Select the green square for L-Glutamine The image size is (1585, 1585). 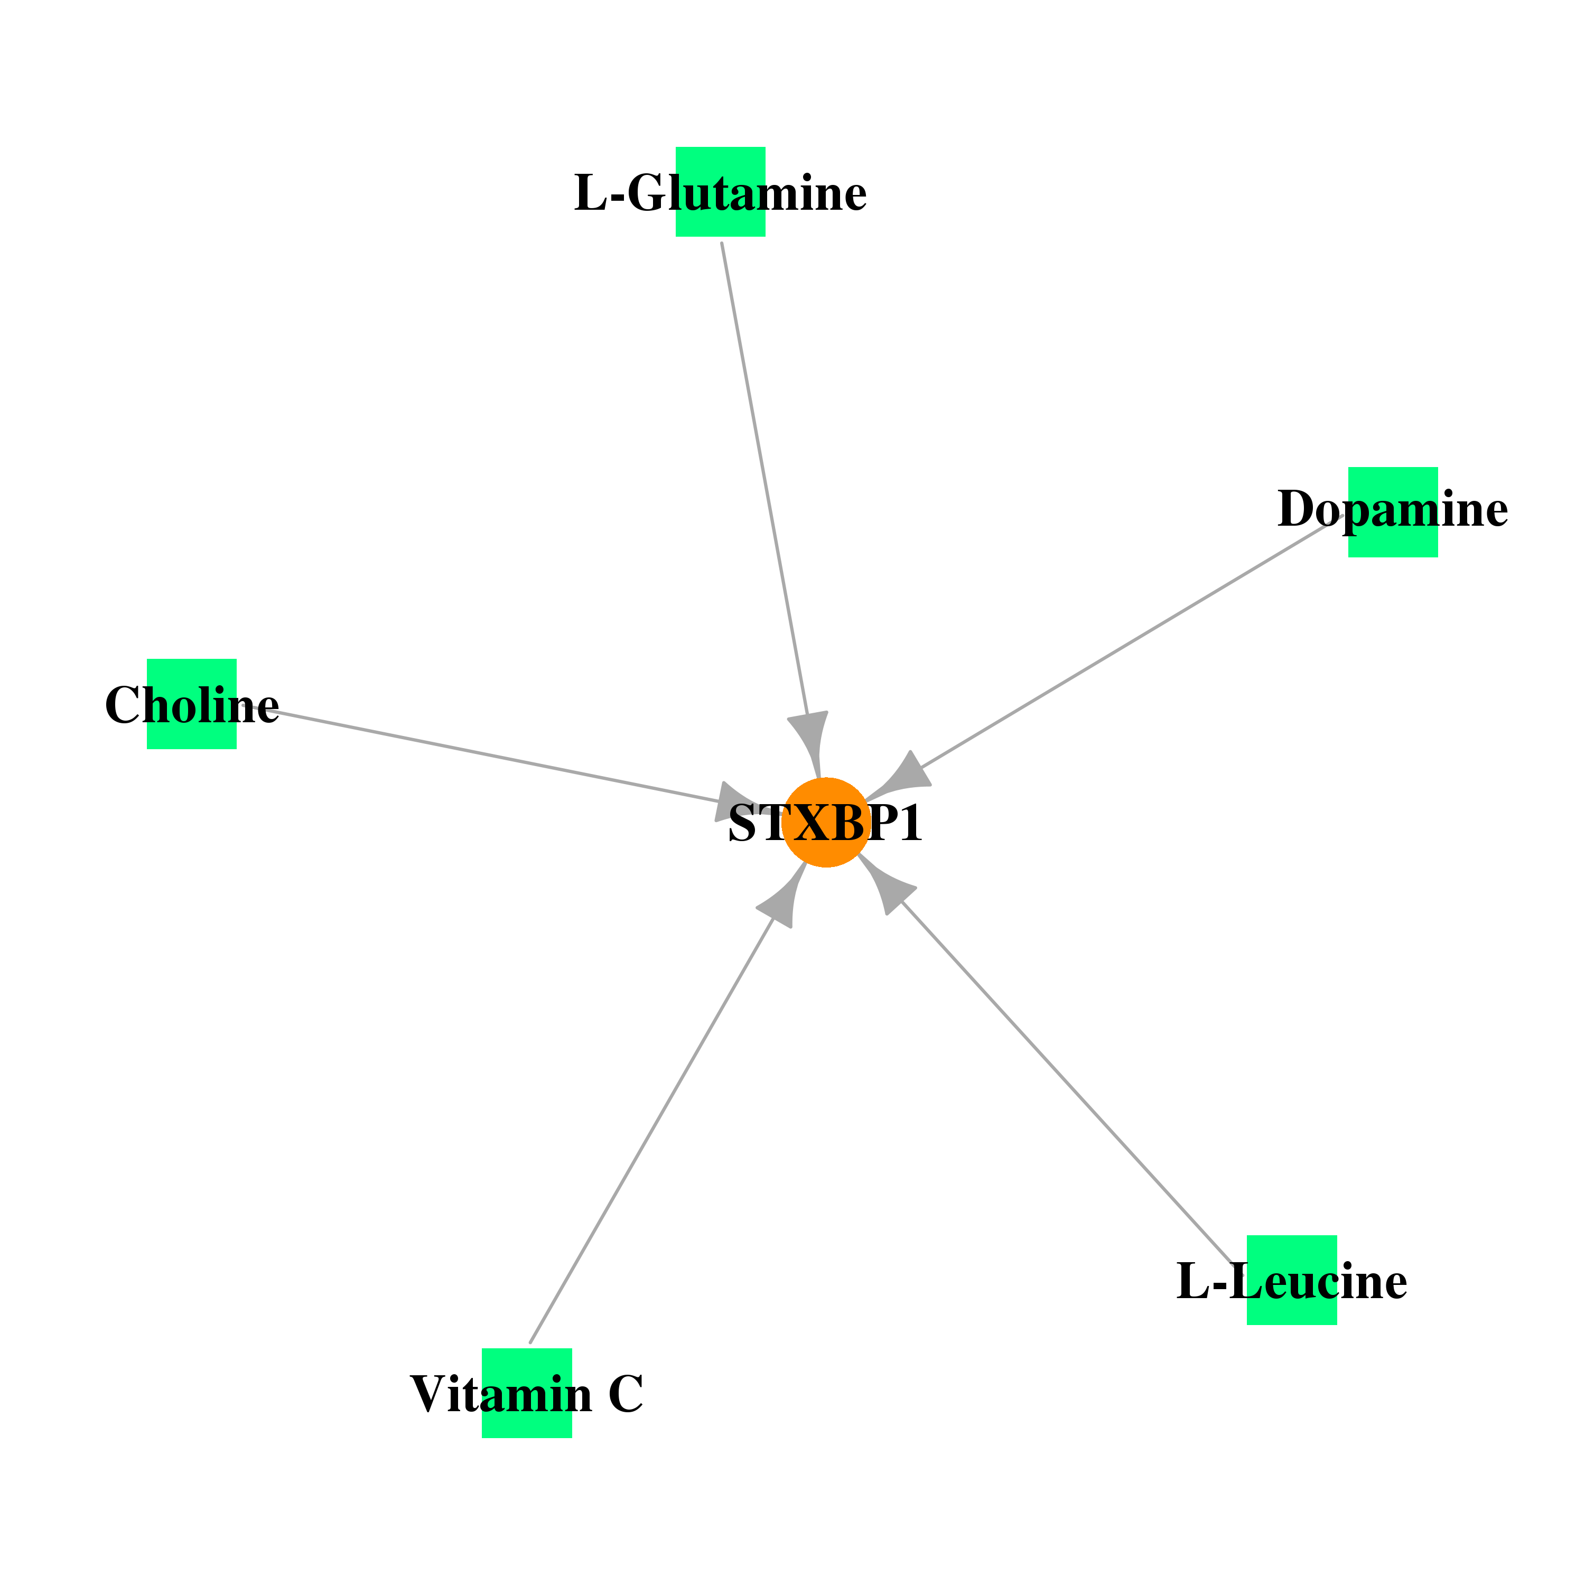[x=720, y=192]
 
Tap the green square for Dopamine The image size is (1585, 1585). [x=1393, y=512]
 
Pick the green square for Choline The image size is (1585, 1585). [x=192, y=704]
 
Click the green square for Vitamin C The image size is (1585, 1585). [x=527, y=1393]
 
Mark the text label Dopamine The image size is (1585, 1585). [x=1393, y=509]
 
